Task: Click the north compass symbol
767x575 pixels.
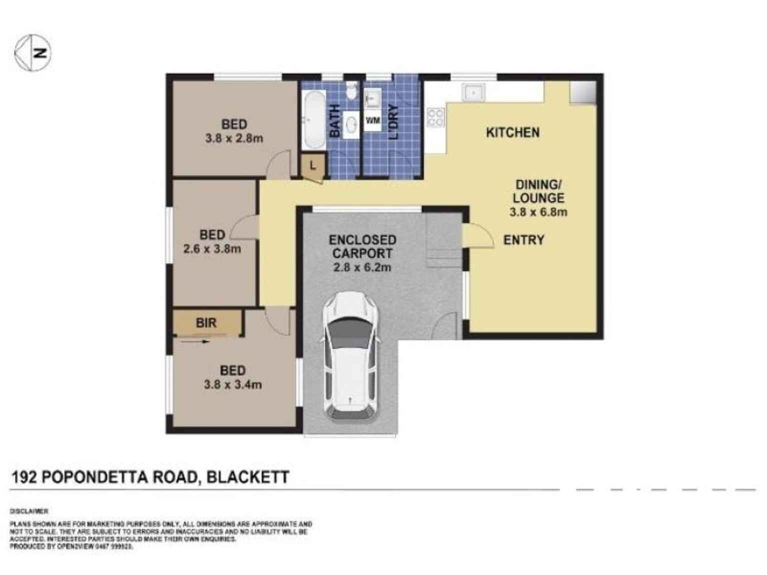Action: (x=32, y=52)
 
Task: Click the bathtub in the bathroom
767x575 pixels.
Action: (x=314, y=120)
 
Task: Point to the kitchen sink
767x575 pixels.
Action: (x=472, y=92)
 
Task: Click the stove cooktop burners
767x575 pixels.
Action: (x=435, y=118)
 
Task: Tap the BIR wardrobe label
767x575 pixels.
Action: (x=206, y=323)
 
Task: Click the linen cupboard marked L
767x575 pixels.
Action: (x=313, y=165)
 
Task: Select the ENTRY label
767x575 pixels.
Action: (x=523, y=240)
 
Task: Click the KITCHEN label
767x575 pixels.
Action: (x=512, y=132)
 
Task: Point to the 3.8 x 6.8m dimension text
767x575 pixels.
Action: (x=538, y=212)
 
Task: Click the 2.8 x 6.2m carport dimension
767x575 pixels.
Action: (x=362, y=267)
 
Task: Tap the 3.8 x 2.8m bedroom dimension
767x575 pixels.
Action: (x=234, y=138)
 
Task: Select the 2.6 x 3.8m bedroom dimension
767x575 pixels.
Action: (x=212, y=248)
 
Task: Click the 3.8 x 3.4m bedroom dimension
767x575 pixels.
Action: (x=232, y=385)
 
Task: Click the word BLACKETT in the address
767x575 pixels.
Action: (x=248, y=477)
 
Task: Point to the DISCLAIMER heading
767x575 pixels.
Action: (x=29, y=511)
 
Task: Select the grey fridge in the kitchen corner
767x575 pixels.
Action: (x=583, y=92)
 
